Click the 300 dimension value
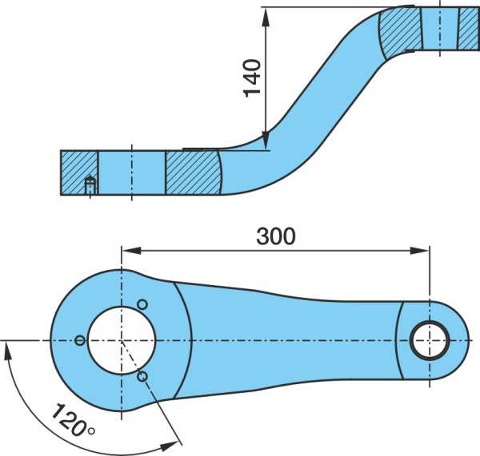[x=276, y=236]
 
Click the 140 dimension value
[x=252, y=78]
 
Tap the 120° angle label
[x=74, y=420]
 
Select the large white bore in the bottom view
[x=122, y=340]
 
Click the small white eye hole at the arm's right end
[x=430, y=340]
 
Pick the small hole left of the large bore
[x=80, y=340]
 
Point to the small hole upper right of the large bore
[x=142, y=304]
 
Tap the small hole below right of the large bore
[x=142, y=376]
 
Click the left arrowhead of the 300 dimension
[x=132, y=251]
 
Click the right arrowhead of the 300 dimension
[x=420, y=251]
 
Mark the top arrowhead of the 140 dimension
[x=266, y=17]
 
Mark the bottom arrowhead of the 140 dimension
[x=266, y=141]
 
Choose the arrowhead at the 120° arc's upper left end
[x=7, y=351]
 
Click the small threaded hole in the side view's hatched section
[x=90, y=185]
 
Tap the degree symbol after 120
[x=91, y=431]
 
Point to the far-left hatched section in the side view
[x=79, y=172]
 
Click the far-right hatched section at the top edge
[x=469, y=29]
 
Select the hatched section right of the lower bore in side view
[x=194, y=172]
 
